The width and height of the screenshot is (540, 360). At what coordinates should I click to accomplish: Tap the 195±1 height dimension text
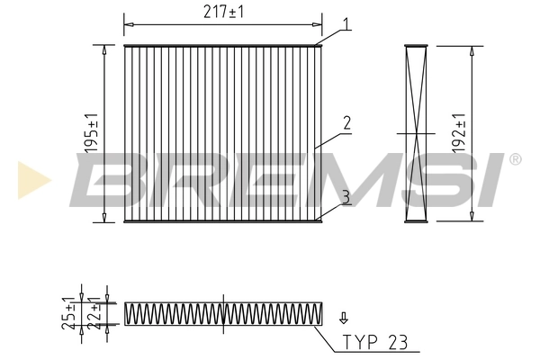(90, 133)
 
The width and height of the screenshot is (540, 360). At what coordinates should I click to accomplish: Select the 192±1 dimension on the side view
(459, 133)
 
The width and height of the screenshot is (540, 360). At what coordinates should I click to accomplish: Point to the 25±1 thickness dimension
(69, 312)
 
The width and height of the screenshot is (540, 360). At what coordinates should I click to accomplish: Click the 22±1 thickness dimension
(94, 313)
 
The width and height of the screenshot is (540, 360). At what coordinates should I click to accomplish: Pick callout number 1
(346, 24)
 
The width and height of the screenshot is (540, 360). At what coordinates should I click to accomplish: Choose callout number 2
(346, 122)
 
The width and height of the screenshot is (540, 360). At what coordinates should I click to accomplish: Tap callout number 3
(346, 195)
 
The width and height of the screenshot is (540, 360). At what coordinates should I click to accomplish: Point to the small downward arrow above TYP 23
(342, 317)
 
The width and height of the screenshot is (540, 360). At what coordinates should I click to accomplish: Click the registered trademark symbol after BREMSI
(515, 160)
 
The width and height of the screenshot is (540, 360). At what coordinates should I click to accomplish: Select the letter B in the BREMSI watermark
(106, 180)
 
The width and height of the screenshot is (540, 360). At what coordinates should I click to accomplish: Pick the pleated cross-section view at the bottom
(223, 313)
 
